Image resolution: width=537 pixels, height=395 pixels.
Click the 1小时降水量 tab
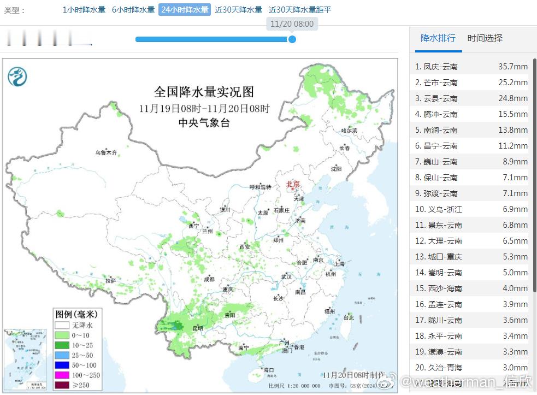pos(84,10)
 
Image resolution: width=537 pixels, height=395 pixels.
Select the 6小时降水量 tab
pos(133,10)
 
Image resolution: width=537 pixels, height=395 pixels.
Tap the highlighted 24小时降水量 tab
pos(185,10)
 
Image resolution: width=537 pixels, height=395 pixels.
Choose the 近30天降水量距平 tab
pos(300,10)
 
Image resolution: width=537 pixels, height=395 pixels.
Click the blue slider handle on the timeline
pos(292,39)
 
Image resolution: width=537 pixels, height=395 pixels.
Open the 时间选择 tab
pos(485,38)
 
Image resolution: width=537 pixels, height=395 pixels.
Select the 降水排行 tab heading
pos(438,38)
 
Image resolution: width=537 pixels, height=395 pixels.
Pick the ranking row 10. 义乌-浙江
pos(439,209)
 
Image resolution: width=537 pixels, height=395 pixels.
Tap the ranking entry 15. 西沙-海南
pos(439,288)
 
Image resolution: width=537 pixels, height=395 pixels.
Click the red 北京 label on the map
pos(293,185)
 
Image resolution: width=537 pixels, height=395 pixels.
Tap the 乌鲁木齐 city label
pos(106,153)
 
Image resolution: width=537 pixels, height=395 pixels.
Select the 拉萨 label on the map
pos(111,280)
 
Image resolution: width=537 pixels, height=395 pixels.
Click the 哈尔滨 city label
pos(349,131)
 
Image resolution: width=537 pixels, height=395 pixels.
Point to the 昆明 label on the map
pos(196,328)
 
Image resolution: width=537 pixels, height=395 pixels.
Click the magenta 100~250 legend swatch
pos(61,375)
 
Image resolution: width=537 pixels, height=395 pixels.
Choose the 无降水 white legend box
pos(61,325)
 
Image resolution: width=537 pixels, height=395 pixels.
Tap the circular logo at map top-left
pos(17,76)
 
